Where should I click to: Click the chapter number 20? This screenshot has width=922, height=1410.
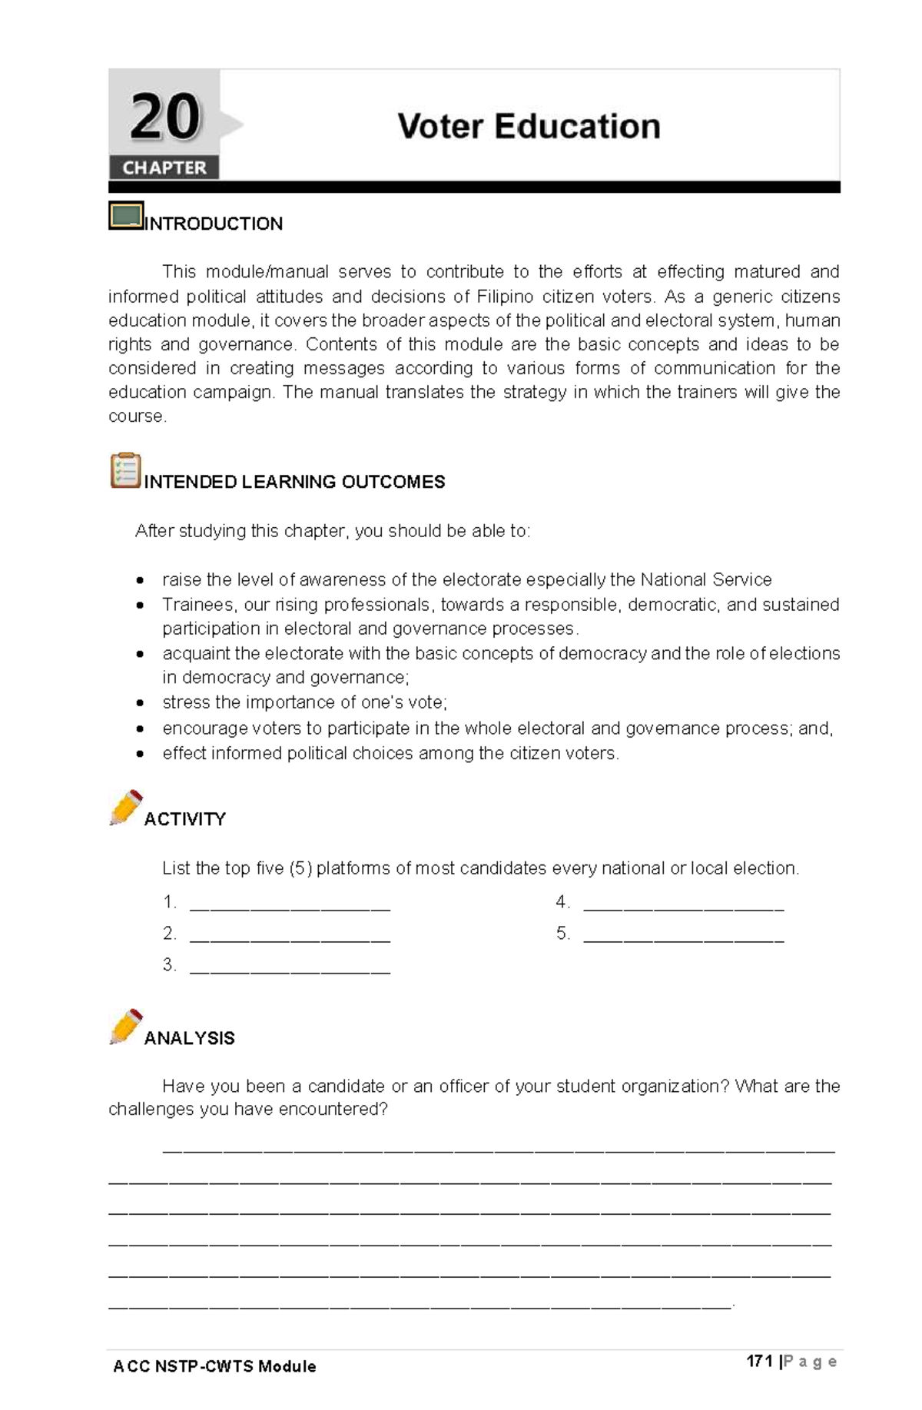pos(164,118)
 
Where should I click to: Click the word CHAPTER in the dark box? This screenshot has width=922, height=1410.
pos(164,168)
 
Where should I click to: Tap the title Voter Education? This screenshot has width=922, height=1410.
pos(529,127)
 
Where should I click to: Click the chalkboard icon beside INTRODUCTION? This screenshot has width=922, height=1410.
pos(126,216)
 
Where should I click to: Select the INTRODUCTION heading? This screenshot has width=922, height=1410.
pos(214,224)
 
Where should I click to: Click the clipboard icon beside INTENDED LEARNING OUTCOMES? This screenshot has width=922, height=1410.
pos(125,470)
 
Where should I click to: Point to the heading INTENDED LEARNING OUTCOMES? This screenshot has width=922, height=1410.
pos(294,482)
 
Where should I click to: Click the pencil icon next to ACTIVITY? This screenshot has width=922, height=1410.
pos(126,807)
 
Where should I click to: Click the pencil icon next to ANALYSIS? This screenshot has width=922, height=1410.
pos(126,1027)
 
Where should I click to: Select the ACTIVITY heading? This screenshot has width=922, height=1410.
pos(184,819)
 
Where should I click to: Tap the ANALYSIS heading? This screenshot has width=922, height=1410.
pos(189,1038)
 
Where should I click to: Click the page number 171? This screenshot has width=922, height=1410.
pos(759,1361)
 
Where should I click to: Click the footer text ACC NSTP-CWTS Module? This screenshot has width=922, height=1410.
pos(214,1366)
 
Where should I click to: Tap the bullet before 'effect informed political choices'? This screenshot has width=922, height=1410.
pos(140,754)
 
